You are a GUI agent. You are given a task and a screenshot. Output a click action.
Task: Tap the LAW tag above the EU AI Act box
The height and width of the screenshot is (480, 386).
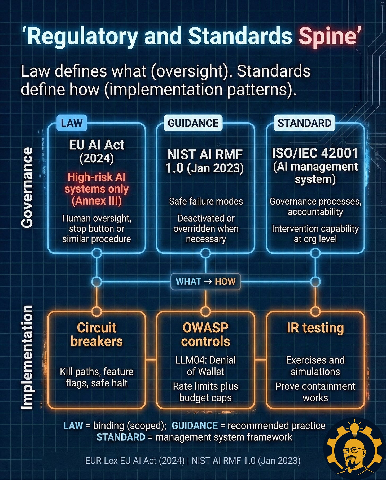pos(72,123)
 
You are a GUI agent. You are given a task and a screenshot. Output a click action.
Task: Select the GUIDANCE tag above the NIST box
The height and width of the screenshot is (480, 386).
pos(193,123)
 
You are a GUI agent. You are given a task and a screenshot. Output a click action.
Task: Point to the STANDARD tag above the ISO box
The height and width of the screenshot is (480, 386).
pos(304,123)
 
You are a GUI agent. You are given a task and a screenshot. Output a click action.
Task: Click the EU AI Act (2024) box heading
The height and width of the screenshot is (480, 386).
pos(96,151)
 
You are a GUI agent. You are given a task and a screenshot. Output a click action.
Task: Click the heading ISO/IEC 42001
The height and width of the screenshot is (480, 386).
pos(315,153)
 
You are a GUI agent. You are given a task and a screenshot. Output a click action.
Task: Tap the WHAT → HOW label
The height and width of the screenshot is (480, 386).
pos(206,282)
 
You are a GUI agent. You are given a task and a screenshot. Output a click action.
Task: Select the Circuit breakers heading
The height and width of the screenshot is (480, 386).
pos(96,334)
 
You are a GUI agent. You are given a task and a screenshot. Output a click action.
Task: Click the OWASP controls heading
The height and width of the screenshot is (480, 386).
pos(205,334)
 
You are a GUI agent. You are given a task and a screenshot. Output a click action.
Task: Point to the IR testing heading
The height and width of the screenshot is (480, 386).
pos(315,328)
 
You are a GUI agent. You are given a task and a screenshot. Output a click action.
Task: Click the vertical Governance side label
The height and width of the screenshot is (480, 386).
pos(27,188)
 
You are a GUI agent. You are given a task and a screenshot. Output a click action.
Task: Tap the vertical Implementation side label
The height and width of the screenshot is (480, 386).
pos(27,358)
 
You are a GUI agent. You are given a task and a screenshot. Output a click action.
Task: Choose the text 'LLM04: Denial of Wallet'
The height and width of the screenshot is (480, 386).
pos(205,366)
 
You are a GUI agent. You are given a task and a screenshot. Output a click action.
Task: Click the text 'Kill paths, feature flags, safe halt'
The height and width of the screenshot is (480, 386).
pos(96,377)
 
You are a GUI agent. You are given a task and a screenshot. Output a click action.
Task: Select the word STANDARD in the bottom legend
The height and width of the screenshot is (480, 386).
pos(121,437)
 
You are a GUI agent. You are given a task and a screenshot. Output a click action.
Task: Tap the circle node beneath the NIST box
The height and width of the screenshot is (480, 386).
pos(205,253)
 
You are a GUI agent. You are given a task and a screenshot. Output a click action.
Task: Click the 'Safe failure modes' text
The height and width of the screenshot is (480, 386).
pos(206,201)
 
